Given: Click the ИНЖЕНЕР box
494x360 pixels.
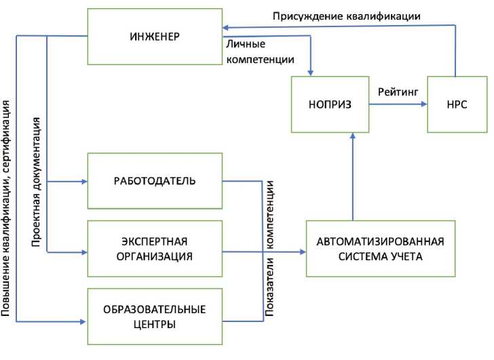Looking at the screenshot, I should [x=154, y=36].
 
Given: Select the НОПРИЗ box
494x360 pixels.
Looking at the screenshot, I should [x=329, y=104].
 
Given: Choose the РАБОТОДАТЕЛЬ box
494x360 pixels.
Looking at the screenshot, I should [x=154, y=181].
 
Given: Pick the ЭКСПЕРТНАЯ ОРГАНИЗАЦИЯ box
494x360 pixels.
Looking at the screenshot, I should [x=154, y=249].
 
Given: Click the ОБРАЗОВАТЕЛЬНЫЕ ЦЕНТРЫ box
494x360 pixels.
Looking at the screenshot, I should [x=154, y=317].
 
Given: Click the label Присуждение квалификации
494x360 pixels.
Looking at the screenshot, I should [x=347, y=15].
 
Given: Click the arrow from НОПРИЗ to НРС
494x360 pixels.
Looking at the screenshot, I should [x=397, y=104].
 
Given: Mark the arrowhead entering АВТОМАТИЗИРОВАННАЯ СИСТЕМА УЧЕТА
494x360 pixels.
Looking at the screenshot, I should [x=302, y=252].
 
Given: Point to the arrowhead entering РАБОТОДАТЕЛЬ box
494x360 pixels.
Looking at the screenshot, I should [x=84, y=182].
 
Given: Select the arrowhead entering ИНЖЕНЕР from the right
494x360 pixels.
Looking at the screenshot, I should [x=227, y=28].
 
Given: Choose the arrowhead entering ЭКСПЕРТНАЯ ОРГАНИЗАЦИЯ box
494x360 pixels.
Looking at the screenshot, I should [x=84, y=252].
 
